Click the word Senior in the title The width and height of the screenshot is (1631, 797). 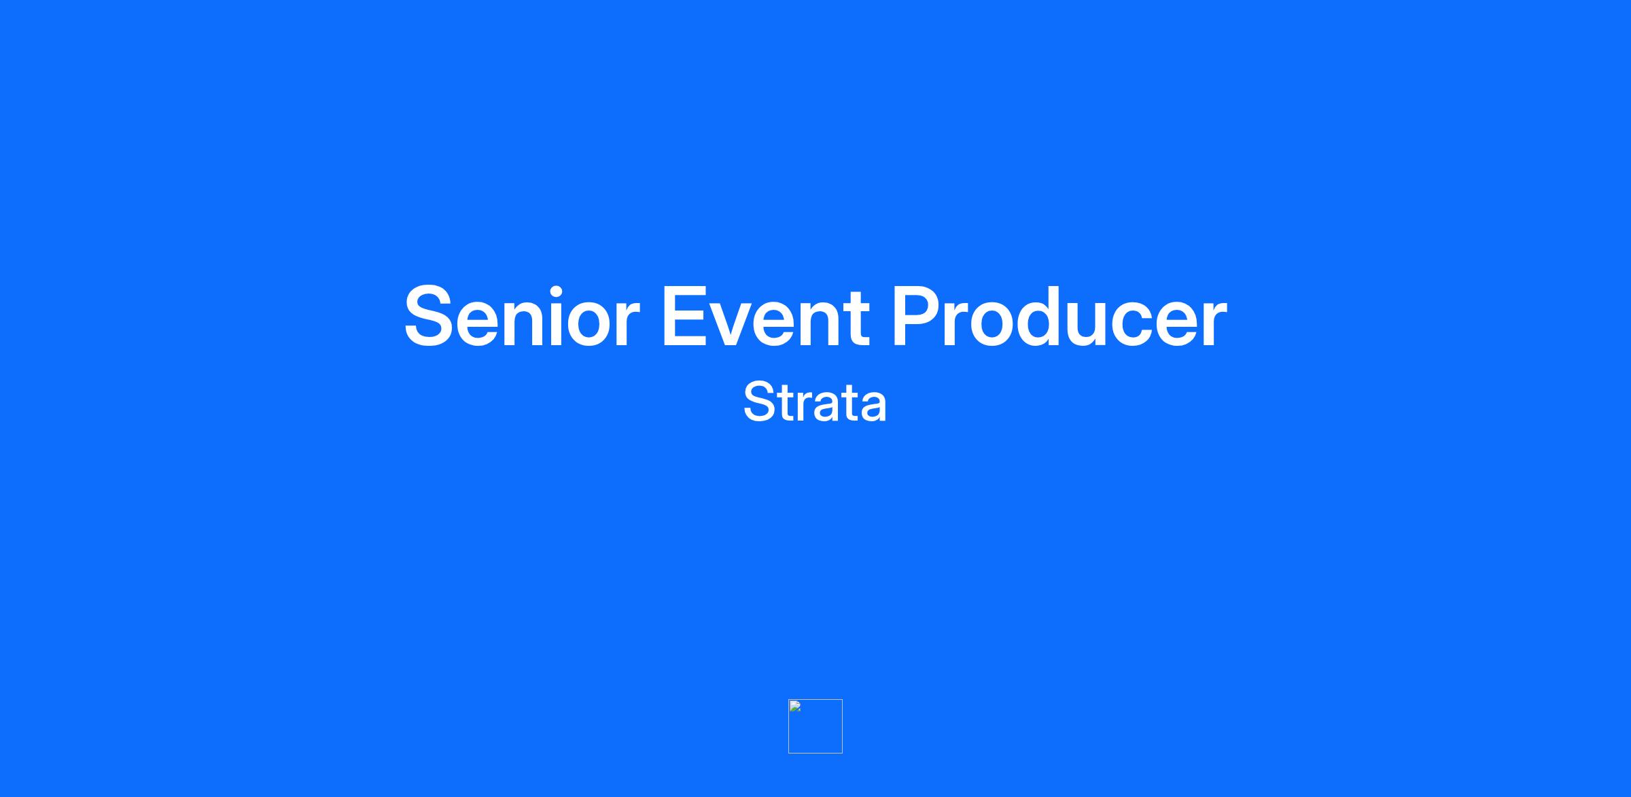(x=522, y=317)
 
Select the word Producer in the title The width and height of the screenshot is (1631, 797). (x=1059, y=317)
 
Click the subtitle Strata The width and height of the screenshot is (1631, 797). (x=815, y=402)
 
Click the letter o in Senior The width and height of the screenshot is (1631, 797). (x=589, y=325)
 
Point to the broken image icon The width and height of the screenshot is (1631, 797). (x=794, y=706)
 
